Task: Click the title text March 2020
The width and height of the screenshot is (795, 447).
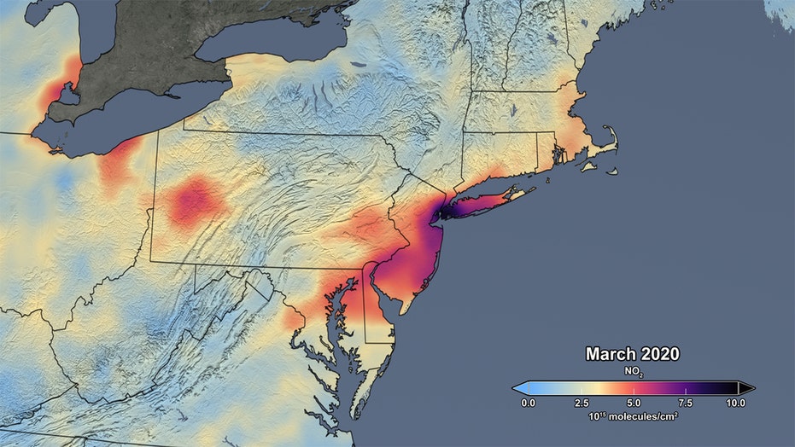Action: tap(632, 353)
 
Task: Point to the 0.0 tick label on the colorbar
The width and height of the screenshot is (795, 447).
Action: tap(528, 402)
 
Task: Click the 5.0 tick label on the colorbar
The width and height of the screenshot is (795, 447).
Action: tap(632, 402)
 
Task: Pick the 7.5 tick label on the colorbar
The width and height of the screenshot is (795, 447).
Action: tap(684, 402)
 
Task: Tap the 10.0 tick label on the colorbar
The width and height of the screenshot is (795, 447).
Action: tap(735, 402)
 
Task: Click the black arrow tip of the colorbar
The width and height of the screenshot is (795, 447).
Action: tap(749, 387)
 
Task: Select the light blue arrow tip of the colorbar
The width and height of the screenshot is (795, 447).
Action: tap(517, 387)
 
